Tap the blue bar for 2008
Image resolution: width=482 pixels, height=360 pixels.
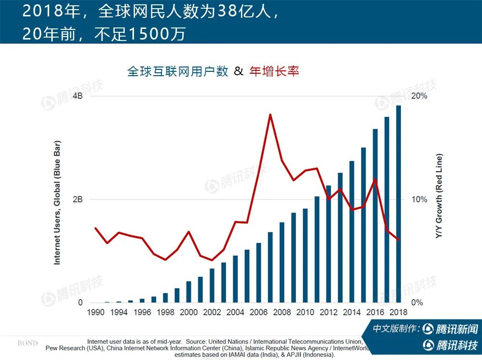(282, 262)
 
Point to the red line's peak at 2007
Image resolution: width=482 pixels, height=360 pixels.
(270, 115)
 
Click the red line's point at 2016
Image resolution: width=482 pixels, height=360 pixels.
(375, 179)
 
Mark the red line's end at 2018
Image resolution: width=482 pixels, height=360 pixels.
(399, 240)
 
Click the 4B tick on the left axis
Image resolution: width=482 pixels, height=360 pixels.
(77, 96)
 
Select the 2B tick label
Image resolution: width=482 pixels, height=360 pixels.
(77, 200)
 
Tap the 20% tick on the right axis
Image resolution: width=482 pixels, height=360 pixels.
(419, 96)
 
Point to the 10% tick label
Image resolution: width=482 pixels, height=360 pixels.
(419, 200)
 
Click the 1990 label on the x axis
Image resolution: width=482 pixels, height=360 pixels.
(95, 312)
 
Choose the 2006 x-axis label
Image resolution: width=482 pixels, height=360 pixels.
(258, 312)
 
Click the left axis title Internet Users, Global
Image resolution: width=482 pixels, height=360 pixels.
(57, 202)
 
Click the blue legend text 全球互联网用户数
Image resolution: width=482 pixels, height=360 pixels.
(177, 71)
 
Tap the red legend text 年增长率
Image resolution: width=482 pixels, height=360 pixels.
(274, 71)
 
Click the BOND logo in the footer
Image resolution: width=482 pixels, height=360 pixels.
(27, 343)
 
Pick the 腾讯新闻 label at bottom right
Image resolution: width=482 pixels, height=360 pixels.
(456, 329)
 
